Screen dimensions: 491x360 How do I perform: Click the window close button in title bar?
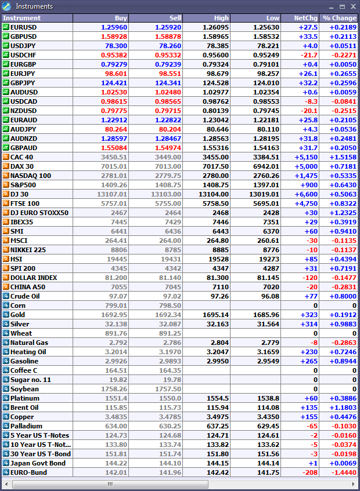(x=352, y=6)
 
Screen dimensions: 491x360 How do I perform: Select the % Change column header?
(x=339, y=18)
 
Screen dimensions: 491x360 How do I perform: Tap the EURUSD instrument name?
(x=24, y=27)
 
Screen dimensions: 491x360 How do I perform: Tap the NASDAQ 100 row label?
(x=30, y=176)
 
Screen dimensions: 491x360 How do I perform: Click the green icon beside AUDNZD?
(x=6, y=139)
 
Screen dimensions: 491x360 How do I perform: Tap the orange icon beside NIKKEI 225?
(x=6, y=250)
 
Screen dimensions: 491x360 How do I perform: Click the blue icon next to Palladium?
(x=6, y=426)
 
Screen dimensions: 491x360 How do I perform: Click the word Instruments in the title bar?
(x=34, y=6)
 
